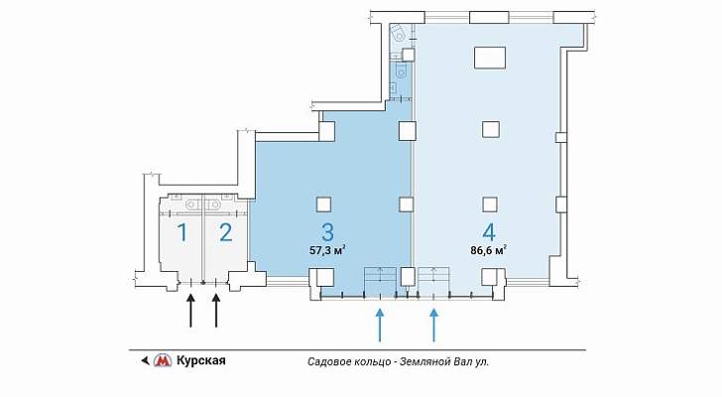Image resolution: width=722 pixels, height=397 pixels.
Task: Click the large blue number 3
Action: (x=327, y=232)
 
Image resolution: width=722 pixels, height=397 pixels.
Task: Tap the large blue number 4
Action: (x=489, y=232)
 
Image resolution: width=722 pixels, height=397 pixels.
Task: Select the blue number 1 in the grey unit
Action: (x=182, y=232)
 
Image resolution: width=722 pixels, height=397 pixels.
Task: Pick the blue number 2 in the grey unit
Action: (x=226, y=232)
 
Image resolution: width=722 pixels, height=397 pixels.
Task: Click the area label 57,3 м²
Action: (x=327, y=251)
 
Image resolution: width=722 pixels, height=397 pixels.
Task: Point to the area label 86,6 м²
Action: (x=489, y=251)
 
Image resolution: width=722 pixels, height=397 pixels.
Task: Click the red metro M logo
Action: (x=162, y=360)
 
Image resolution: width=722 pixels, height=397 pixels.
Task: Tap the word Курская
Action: (x=201, y=360)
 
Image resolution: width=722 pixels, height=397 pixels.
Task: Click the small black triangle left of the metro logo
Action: (x=145, y=360)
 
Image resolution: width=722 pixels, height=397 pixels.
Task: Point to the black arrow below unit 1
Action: (x=190, y=311)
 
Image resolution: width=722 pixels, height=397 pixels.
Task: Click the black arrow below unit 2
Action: (x=216, y=311)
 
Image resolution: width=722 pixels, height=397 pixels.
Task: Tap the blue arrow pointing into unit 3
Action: (x=380, y=326)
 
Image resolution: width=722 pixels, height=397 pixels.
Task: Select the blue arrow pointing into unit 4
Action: (x=433, y=326)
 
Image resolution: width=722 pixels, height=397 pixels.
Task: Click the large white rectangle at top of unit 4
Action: (x=490, y=58)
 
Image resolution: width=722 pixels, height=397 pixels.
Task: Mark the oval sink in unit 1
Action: (x=191, y=203)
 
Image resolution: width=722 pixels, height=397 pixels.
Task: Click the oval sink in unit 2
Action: (x=212, y=203)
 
